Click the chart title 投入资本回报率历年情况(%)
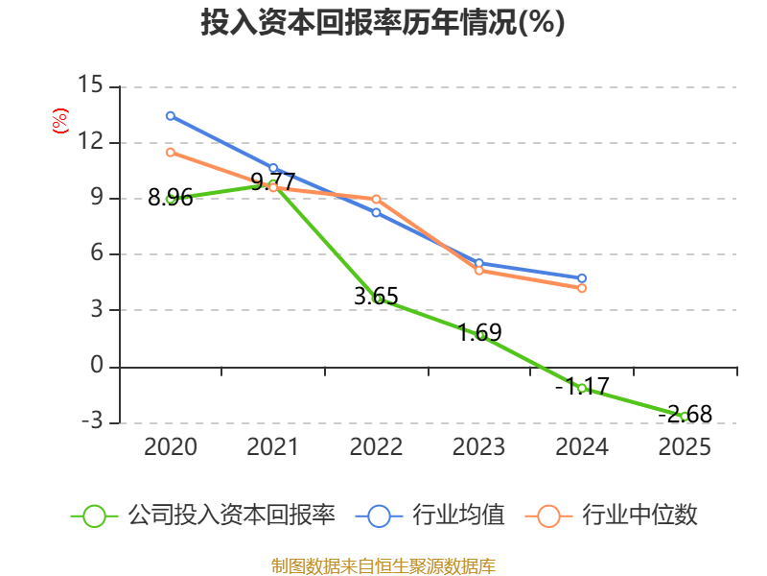383,22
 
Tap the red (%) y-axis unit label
60,121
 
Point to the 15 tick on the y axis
90,84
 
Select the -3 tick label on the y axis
92,420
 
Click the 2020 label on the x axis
171,446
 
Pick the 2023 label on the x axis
478,446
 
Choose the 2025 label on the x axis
685,446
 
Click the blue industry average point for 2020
171,116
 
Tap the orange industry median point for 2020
171,153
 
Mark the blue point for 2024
582,278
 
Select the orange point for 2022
376,200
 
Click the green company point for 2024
582,389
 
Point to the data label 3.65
376,297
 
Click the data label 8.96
171,198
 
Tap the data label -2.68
685,415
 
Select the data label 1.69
479,332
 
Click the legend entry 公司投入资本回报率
203,516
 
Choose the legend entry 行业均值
430,516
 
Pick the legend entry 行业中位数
611,516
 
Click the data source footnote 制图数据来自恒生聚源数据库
383,566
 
